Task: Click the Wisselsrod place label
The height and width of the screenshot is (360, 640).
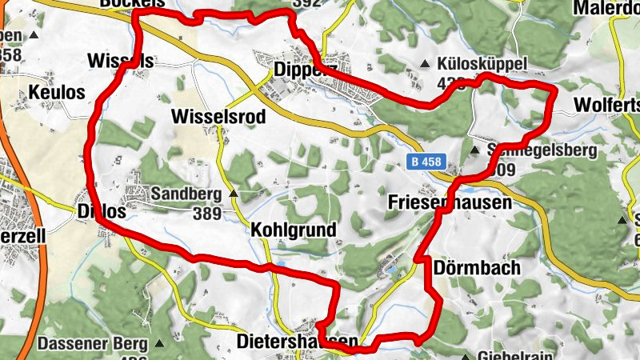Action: tap(218, 117)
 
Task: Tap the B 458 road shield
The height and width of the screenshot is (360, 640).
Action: tap(424, 162)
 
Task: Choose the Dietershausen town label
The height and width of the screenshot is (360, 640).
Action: tap(298, 342)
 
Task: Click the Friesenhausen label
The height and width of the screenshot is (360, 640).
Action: tap(450, 203)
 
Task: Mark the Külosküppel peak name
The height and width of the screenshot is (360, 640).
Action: tap(483, 64)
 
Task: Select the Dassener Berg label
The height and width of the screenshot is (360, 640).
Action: tap(93, 345)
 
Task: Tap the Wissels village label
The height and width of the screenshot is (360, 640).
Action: tap(120, 62)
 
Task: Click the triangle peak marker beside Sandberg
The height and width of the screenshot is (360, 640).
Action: tap(234, 194)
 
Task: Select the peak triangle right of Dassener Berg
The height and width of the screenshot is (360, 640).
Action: tap(158, 345)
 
